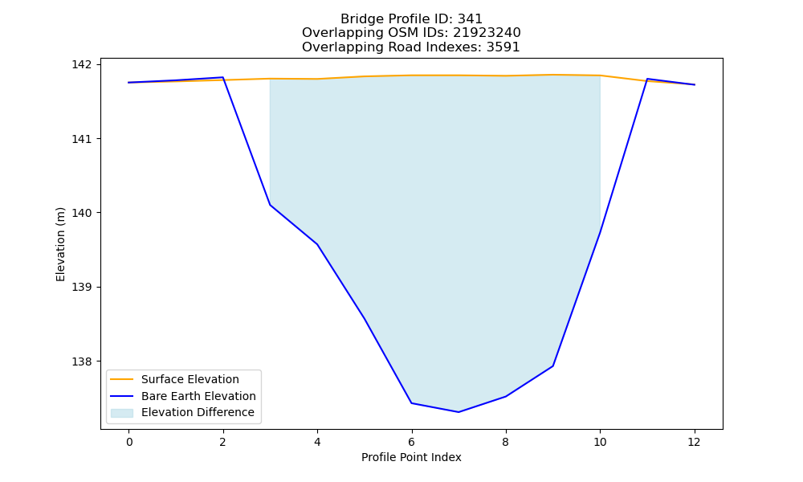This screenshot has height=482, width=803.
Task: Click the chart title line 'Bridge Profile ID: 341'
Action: pos(411,19)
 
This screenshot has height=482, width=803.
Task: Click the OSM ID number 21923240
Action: pos(487,33)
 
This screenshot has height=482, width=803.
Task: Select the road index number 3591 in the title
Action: pos(503,47)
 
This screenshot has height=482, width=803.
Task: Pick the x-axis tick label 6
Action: pos(411,442)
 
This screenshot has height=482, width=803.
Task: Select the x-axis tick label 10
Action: pos(600,442)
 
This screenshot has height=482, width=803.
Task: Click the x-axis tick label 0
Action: pos(129,442)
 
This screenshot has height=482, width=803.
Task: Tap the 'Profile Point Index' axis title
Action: pos(411,457)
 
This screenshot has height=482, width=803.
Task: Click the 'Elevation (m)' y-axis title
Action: pos(60,244)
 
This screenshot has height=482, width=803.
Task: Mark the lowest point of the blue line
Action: pos(459,412)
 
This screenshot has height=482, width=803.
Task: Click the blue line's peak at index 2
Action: pos(222,77)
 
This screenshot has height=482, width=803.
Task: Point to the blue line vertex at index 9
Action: pos(553,366)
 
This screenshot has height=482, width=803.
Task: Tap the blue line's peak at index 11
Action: pos(647,79)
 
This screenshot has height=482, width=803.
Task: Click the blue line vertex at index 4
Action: pos(317,244)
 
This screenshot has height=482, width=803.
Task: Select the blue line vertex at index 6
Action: pos(411,403)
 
